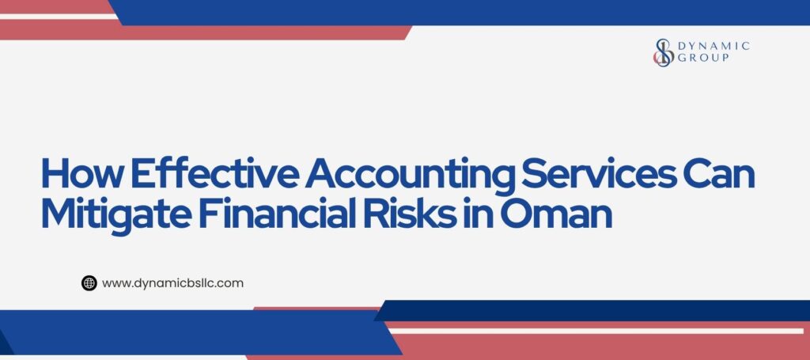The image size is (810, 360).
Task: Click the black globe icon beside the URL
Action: [89, 282]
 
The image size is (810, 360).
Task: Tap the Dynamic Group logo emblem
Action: [663, 51]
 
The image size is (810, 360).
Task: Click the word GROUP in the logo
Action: [703, 58]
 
